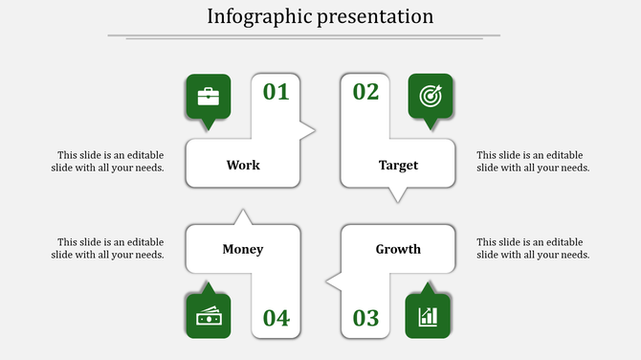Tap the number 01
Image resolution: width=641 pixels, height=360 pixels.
(276, 92)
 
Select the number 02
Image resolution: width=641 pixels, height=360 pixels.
(366, 92)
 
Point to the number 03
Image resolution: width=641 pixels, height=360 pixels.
(366, 318)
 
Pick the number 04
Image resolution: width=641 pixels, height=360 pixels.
(276, 318)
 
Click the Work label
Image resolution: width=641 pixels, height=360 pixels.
(243, 165)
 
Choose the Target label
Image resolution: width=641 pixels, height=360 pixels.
(398, 165)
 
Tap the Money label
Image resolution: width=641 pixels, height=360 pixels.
(243, 250)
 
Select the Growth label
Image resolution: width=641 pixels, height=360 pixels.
(398, 250)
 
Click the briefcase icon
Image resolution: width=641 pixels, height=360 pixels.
(208, 96)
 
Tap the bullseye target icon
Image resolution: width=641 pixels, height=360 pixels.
(431, 96)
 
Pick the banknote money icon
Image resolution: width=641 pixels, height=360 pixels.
(208, 316)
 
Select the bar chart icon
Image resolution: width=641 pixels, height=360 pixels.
(428, 316)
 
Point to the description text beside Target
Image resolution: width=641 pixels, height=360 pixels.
(533, 161)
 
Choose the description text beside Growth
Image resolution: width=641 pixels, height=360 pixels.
(533, 248)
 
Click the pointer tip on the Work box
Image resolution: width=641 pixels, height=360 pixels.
(313, 129)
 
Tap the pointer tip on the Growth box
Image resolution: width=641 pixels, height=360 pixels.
(328, 281)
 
